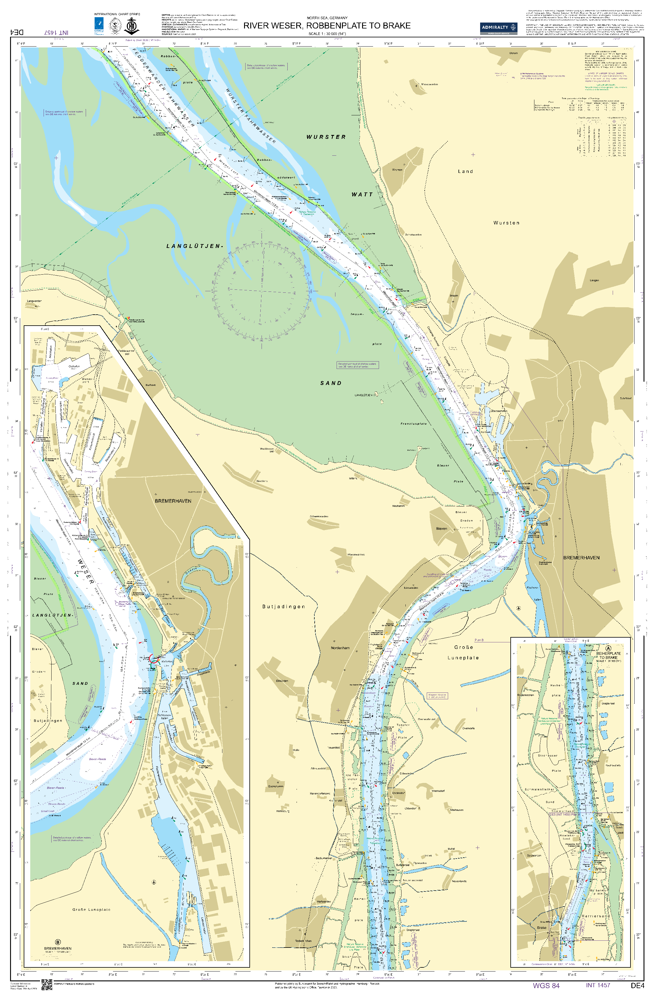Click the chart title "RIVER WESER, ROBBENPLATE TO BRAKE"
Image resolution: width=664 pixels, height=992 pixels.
coord(327,26)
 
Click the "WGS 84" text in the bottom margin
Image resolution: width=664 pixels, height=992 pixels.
coord(546,985)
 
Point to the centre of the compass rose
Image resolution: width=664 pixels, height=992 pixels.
coord(262,290)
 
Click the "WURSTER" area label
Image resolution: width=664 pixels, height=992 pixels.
coord(326,137)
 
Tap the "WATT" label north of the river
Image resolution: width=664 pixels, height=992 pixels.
coord(362,194)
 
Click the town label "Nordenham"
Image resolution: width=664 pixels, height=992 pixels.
coord(340,648)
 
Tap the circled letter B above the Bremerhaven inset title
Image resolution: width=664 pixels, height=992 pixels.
coord(58,942)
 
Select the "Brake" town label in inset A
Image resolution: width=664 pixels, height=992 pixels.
coord(542,928)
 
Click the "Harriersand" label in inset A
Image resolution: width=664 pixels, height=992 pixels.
coord(595,916)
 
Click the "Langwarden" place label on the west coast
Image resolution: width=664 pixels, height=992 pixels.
coord(34,301)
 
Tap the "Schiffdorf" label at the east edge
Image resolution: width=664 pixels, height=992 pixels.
coord(625,398)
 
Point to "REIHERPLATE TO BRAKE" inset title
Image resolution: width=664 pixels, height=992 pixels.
coord(609,655)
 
